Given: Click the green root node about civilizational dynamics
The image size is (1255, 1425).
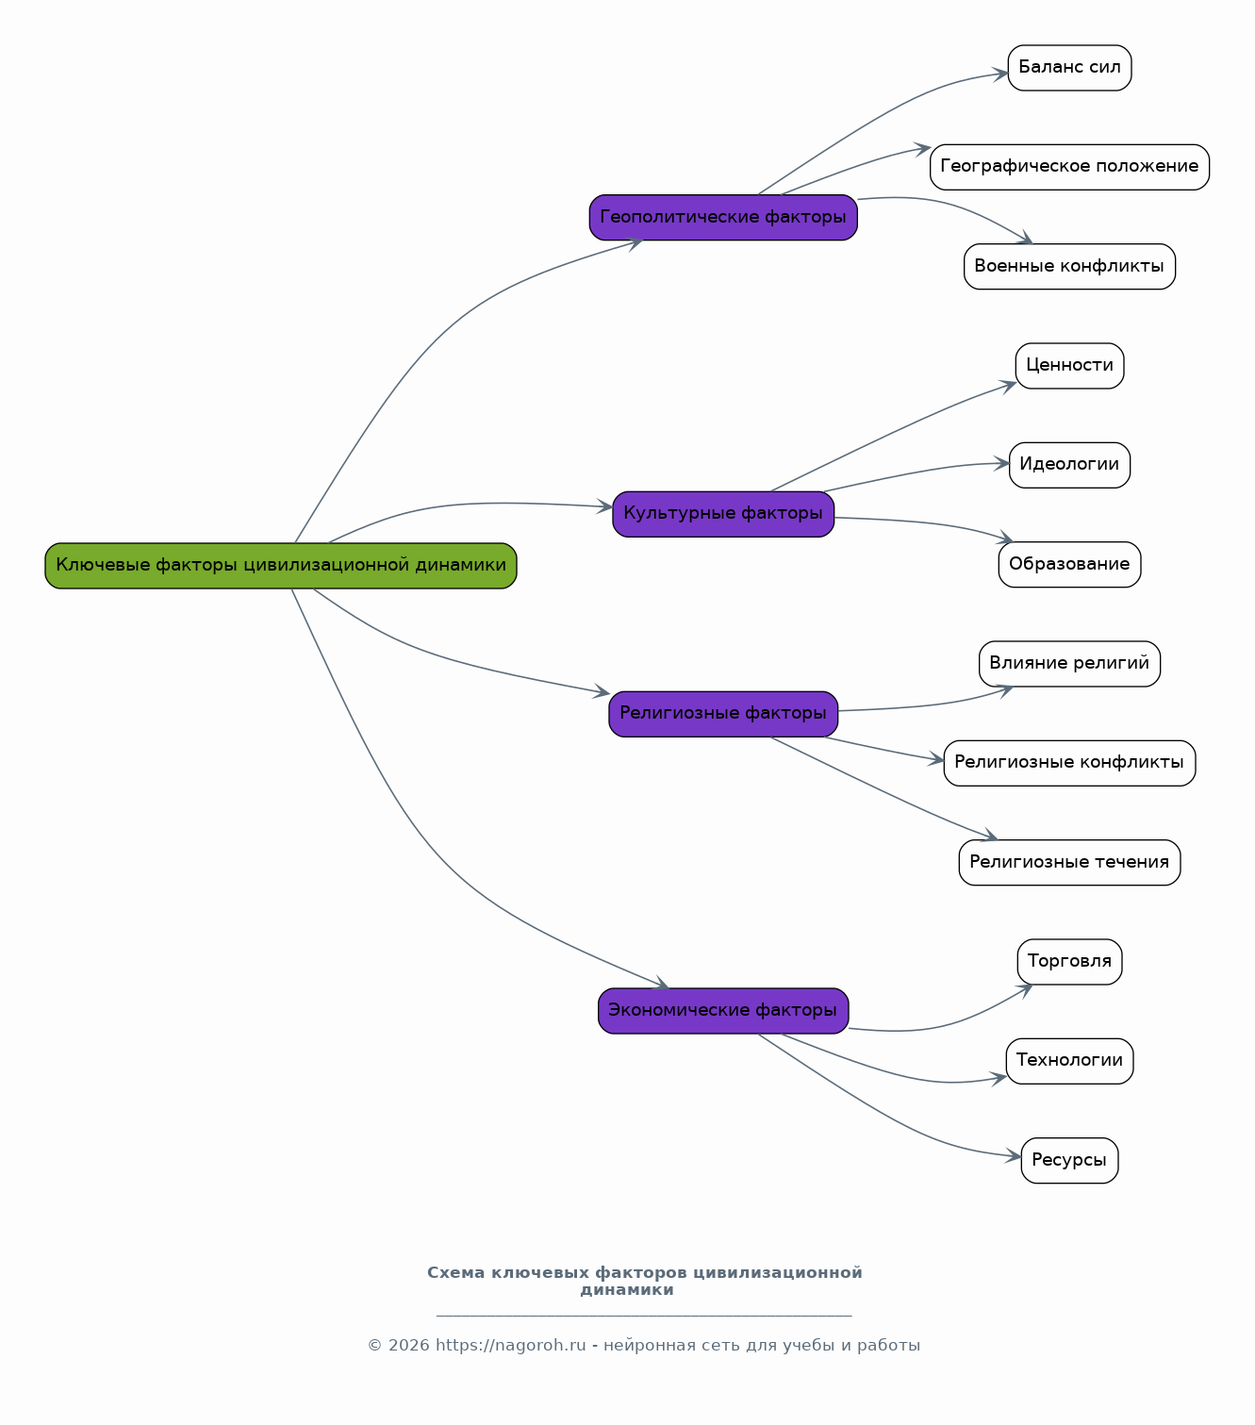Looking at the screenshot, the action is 281,566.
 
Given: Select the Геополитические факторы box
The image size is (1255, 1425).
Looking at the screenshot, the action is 723,217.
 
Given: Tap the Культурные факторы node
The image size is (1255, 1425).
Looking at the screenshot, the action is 723,514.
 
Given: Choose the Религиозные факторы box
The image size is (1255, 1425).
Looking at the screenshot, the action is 723,714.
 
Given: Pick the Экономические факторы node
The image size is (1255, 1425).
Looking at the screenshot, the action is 723,1011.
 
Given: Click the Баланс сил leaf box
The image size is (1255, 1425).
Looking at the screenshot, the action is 1069,68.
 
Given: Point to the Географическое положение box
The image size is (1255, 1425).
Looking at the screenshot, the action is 1069,168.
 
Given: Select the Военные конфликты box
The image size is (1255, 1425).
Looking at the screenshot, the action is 1069,267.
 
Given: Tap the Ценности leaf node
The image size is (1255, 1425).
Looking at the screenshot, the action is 1069,366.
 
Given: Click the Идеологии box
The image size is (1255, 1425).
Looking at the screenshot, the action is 1069,465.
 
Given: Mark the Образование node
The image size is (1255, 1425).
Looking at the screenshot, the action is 1069,564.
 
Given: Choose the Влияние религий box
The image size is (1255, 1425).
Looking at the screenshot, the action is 1069,664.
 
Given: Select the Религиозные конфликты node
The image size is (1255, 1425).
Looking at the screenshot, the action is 1069,763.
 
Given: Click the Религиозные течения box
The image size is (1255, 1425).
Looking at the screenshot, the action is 1069,862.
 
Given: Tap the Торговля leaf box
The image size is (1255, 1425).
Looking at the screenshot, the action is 1069,962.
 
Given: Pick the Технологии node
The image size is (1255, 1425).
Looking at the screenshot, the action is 1069,1061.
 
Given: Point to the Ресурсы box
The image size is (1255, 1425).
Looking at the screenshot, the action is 1069,1161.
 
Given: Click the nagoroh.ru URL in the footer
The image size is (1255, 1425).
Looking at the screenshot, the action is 511,1346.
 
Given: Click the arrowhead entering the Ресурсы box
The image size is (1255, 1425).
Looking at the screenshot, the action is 1013,1156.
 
